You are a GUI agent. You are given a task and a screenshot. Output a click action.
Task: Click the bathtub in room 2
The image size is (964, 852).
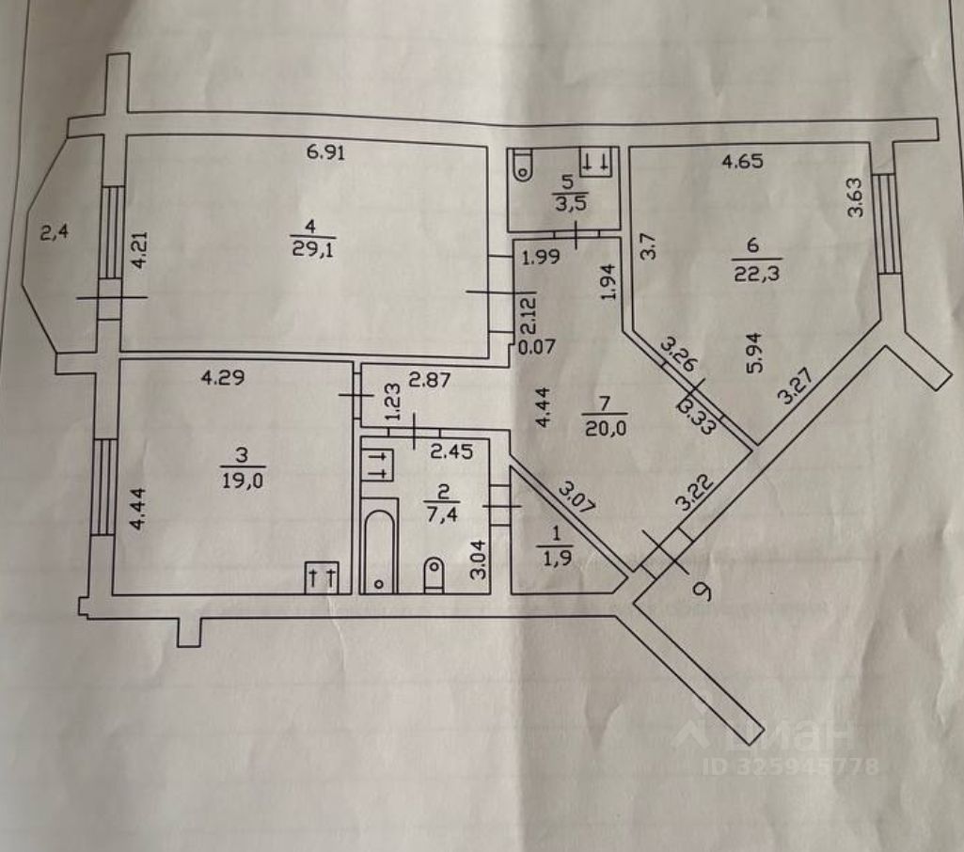[379, 551]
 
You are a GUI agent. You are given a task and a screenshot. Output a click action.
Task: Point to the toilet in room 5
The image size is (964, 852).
[523, 165]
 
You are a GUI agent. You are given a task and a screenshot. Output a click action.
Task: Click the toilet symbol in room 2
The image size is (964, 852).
[434, 575]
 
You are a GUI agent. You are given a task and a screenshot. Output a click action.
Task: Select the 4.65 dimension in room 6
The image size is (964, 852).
[741, 162]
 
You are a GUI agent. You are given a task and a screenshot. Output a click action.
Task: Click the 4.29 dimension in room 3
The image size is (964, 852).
[224, 379]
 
